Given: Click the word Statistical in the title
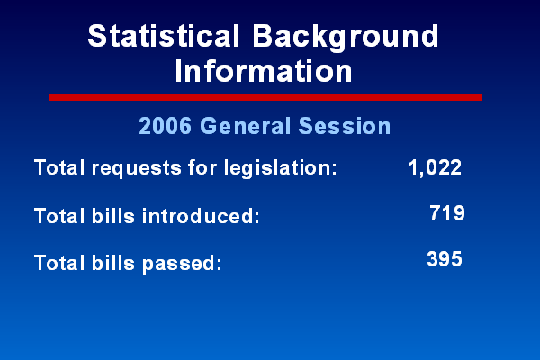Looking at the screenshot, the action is click(164, 36).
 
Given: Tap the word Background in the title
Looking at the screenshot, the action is click(346, 38).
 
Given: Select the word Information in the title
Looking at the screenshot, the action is click(264, 71).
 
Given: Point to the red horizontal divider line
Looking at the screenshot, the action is click(265, 97).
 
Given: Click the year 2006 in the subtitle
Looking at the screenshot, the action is click(166, 126).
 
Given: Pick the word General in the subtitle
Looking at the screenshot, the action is click(246, 126).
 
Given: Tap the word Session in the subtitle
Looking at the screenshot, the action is click(345, 126).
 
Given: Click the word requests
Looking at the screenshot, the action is click(137, 168).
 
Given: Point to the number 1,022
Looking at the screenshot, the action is click(435, 167).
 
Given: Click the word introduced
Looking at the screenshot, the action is click(201, 216).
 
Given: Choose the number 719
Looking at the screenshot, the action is click(447, 213).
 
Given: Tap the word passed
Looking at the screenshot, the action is click(182, 264).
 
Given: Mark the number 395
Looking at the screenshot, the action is click(445, 259).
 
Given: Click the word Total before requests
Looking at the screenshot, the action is click(59, 167).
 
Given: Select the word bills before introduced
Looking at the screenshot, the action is click(113, 216).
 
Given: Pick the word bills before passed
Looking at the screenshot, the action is click(113, 263).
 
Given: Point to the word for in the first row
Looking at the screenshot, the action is click(202, 167).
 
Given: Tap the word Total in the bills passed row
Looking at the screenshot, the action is click(59, 263).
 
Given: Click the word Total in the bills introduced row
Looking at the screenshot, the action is click(59, 216).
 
